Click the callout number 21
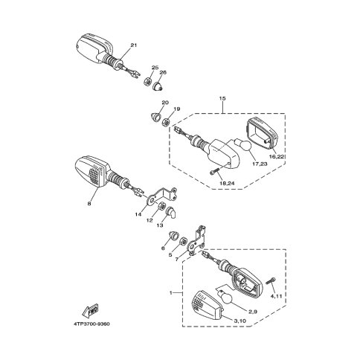pyautogui.click(x=134, y=45)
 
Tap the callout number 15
pyautogui.click(x=222, y=98)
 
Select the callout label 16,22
pyautogui.click(x=277, y=156)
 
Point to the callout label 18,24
pyautogui.click(x=227, y=184)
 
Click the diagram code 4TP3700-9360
pyautogui.click(x=92, y=324)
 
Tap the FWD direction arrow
pyautogui.click(x=91, y=310)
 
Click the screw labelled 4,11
pyautogui.click(x=271, y=280)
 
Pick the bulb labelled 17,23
pyautogui.click(x=243, y=145)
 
